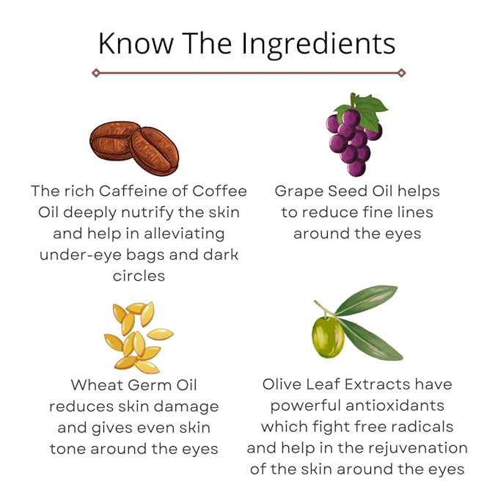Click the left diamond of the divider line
click(x=96, y=73)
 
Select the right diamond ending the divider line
click(x=401, y=73)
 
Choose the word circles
click(x=139, y=276)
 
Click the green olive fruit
click(x=327, y=336)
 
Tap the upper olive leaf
click(x=367, y=300)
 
